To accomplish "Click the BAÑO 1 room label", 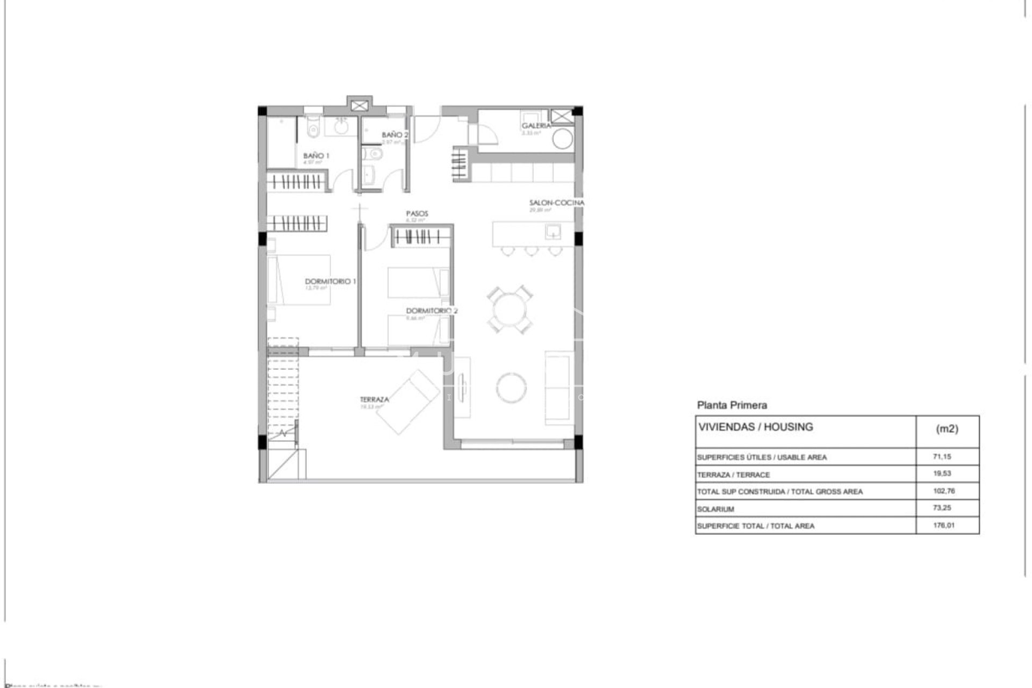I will pyautogui.click(x=316, y=156).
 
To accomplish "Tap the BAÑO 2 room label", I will pyautogui.click(x=395, y=135).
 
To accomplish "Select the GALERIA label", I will pyautogui.click(x=536, y=126).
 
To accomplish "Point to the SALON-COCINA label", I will pyautogui.click(x=556, y=203).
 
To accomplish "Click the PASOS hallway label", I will pyautogui.click(x=417, y=214).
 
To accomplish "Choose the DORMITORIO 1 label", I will pyautogui.click(x=330, y=282).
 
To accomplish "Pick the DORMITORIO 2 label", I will pyautogui.click(x=432, y=311).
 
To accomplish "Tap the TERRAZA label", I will pyautogui.click(x=374, y=400).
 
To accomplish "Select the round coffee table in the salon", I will pyautogui.click(x=511, y=387).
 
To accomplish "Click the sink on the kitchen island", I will pyautogui.click(x=553, y=232).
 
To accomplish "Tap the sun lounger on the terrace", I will pyautogui.click(x=407, y=400).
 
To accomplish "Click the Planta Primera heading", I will pyautogui.click(x=732, y=405).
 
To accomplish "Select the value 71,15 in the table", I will pyautogui.click(x=942, y=456).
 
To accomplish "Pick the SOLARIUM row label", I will pyautogui.click(x=715, y=509).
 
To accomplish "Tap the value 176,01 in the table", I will pyautogui.click(x=943, y=525).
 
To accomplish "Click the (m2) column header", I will pyautogui.click(x=947, y=429).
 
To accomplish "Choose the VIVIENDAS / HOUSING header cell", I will pyautogui.click(x=755, y=427).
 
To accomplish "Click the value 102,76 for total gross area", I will pyautogui.click(x=943, y=491).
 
